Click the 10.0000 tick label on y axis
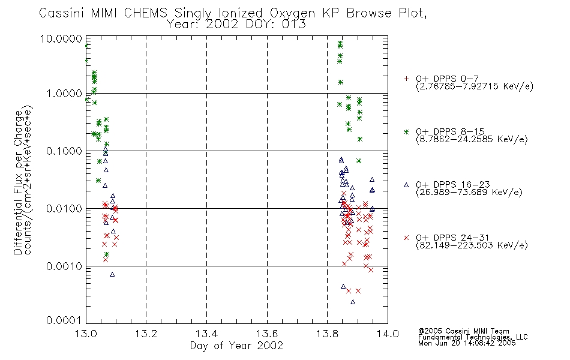pyautogui.click(x=61, y=38)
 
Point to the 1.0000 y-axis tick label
pyautogui.click(x=64, y=94)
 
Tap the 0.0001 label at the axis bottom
pyautogui.click(x=64, y=320)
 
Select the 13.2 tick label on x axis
pyautogui.click(x=146, y=334)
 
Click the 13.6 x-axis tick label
pyautogui.click(x=267, y=334)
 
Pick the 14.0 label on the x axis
pyautogui.click(x=388, y=334)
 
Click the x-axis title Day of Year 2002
pyautogui.click(x=236, y=346)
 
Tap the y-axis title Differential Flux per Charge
pyautogui.click(x=18, y=182)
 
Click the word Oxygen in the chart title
pyautogui.click(x=293, y=13)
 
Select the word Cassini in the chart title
pyautogui.click(x=61, y=13)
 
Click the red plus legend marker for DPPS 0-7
pyautogui.click(x=406, y=79)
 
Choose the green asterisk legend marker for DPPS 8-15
pyautogui.click(x=406, y=131)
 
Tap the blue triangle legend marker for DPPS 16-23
pyautogui.click(x=406, y=185)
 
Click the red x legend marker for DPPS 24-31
pyautogui.click(x=406, y=238)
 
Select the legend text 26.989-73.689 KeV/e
pyautogui.click(x=469, y=193)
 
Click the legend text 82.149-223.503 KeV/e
pyautogui.click(x=472, y=245)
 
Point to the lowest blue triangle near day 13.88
pyautogui.click(x=353, y=302)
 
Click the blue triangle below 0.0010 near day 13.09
pyautogui.click(x=112, y=274)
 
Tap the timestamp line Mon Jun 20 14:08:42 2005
pyautogui.click(x=467, y=343)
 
